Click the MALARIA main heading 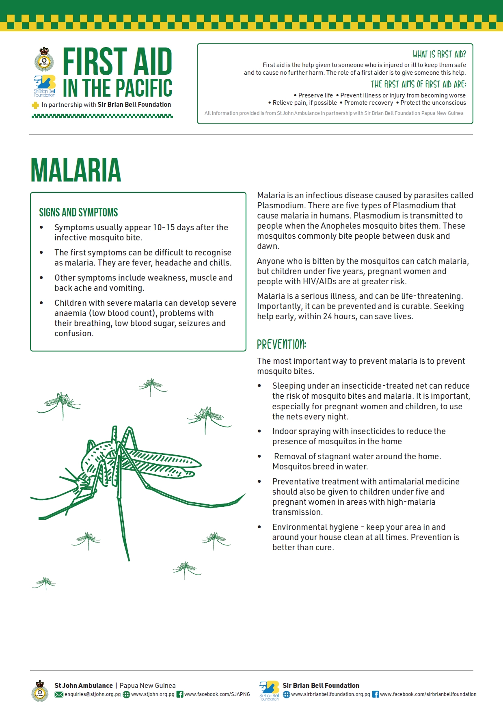coord(76,171)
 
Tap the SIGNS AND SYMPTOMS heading coord(78,212)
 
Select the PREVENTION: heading coord(281,345)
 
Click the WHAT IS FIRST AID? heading coord(439,54)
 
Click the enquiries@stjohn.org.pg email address coord(93,694)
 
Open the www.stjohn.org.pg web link coord(153,694)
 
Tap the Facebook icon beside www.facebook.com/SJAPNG coord(180,694)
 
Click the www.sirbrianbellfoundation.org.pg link coord(330,694)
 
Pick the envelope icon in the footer coord(59,694)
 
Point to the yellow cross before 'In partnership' coord(35,105)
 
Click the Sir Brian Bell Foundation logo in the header coord(45,85)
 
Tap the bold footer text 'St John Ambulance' coord(84,685)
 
